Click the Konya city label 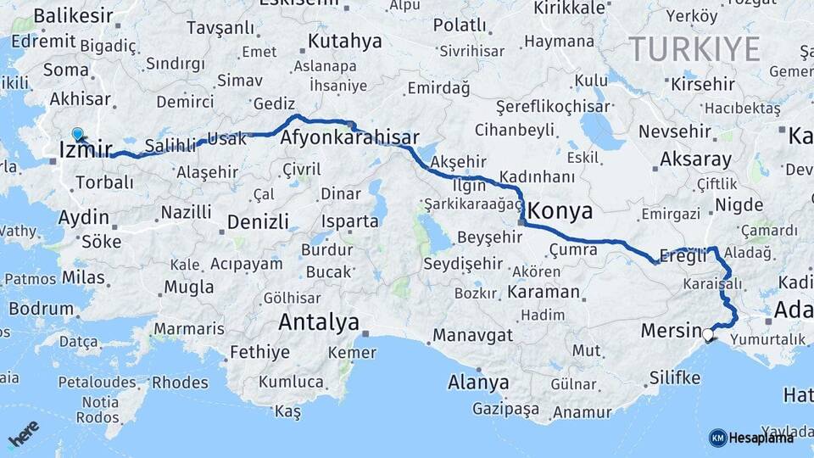coord(560,211)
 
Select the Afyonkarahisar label coord(350,137)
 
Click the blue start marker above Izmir coord(78,134)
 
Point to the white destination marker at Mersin coord(708,335)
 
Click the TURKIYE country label coord(694,49)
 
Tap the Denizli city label coord(259,223)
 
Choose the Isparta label coord(349,222)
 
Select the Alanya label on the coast coord(478,383)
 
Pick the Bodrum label coord(42,309)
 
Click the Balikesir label coord(72,15)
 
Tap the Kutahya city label coord(345,41)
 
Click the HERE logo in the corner coord(24,434)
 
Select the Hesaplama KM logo coord(751,438)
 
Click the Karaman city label coord(544,293)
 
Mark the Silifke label coord(675,377)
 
